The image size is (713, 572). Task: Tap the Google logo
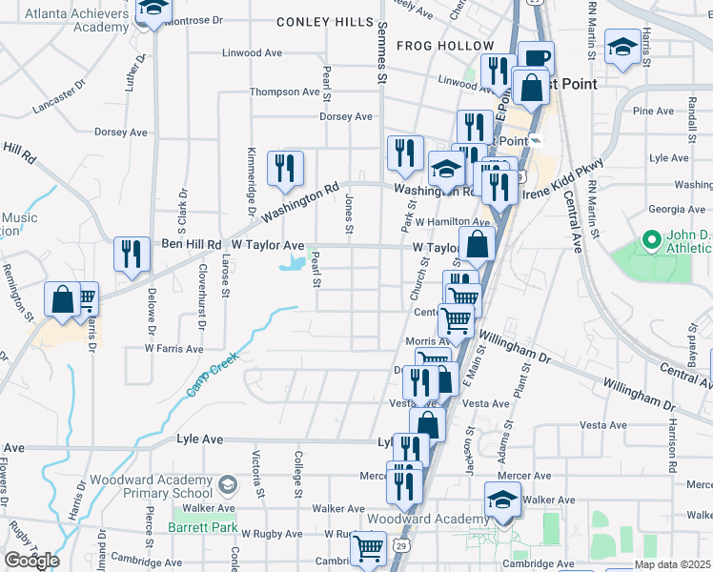click(31, 560)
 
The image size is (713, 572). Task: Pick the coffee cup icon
click(536, 57)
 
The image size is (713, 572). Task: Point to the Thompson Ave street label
click(284, 92)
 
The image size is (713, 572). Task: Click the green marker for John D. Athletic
click(652, 239)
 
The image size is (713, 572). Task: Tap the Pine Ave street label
click(654, 112)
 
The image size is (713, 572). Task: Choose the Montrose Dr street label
click(193, 19)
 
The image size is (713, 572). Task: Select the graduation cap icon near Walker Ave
click(502, 499)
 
